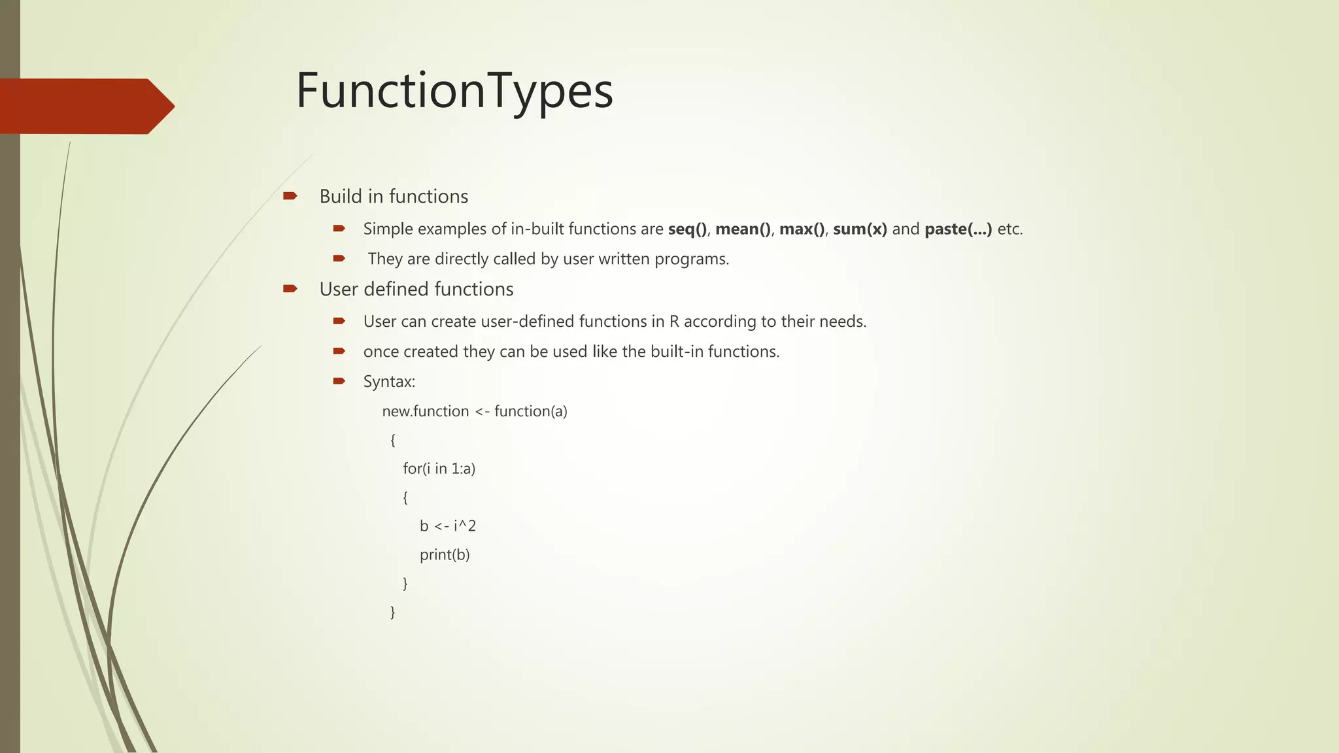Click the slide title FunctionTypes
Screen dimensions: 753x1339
click(454, 91)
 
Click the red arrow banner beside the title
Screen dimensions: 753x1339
click(85, 106)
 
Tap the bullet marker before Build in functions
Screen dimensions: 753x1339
click(290, 196)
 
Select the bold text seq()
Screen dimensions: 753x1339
click(687, 229)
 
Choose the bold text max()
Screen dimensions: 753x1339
click(802, 229)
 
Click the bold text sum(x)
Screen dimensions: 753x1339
click(860, 229)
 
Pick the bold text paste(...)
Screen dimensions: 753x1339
click(958, 229)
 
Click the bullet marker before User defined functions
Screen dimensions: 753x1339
click(290, 289)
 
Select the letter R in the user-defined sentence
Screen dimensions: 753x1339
click(674, 322)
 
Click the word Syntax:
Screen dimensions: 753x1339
click(389, 382)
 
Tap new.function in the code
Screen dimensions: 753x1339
click(426, 411)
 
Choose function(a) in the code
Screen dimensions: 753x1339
click(531, 411)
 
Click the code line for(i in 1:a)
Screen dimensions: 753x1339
click(439, 469)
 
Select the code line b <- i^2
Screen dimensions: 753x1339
click(448, 526)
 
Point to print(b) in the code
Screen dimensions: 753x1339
click(445, 555)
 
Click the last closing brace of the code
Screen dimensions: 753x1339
click(392, 612)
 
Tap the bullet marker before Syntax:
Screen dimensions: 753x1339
click(339, 381)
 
